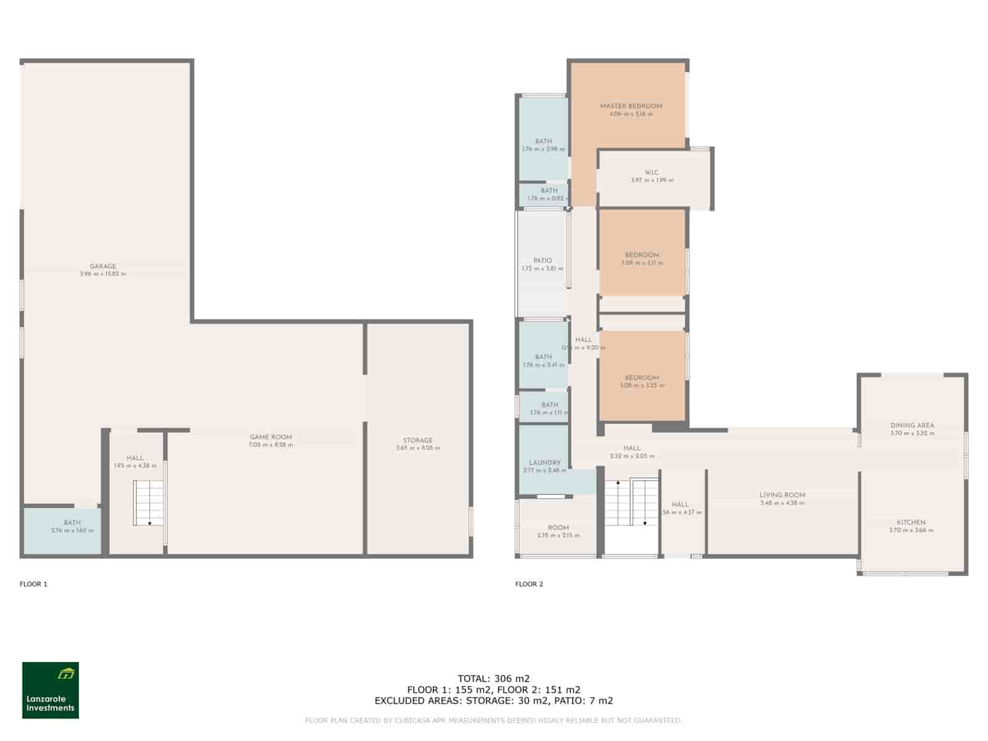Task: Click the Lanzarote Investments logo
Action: pyautogui.click(x=51, y=690)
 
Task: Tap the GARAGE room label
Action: pyautogui.click(x=103, y=266)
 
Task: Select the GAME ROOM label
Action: pyautogui.click(x=270, y=437)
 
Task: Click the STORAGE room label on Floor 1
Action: pyautogui.click(x=417, y=440)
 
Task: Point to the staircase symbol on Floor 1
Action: pyautogui.click(x=149, y=503)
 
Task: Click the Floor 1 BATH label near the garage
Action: pyautogui.click(x=72, y=522)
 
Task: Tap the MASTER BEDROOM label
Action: pyautogui.click(x=630, y=106)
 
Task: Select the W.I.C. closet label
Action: pyautogui.click(x=651, y=172)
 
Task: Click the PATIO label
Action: pyautogui.click(x=542, y=261)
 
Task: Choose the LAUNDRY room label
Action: pyautogui.click(x=544, y=463)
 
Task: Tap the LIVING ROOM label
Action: pyautogui.click(x=782, y=495)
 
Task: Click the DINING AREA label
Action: pyautogui.click(x=911, y=425)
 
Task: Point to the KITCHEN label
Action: pyautogui.click(x=911, y=522)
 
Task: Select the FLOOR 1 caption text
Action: pyautogui.click(x=33, y=584)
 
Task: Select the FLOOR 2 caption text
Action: pyautogui.click(x=529, y=584)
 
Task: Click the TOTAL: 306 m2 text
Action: pyautogui.click(x=493, y=678)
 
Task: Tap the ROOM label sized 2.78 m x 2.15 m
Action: pyautogui.click(x=558, y=527)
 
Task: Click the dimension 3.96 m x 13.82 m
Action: pyautogui.click(x=103, y=274)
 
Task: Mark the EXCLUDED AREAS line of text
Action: pyautogui.click(x=493, y=701)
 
